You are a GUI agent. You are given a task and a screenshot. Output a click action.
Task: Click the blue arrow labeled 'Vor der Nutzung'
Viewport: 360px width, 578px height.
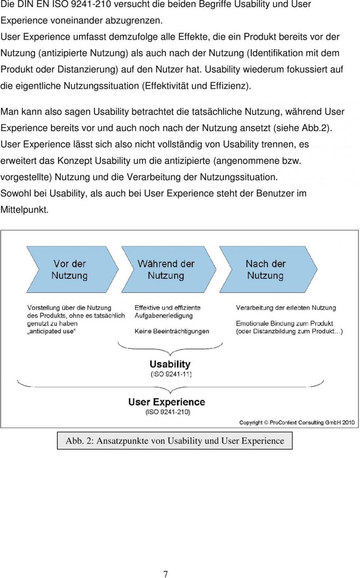coord(69,270)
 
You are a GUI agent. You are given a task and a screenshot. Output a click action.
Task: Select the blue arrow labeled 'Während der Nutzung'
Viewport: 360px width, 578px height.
coord(166,270)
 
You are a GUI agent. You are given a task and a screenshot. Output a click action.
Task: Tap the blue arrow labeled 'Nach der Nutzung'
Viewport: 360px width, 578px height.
coord(266,270)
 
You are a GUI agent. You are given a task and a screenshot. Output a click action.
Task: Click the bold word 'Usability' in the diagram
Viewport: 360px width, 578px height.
coord(170,364)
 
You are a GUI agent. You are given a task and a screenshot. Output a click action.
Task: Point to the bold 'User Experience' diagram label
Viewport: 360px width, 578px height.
coord(167,402)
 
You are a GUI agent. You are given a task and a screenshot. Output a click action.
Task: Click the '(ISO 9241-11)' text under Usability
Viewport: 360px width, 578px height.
coord(171,374)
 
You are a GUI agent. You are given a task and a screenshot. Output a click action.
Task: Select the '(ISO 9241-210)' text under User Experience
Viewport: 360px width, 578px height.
coord(168,412)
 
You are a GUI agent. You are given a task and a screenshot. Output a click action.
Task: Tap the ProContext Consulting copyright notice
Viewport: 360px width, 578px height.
coord(297,422)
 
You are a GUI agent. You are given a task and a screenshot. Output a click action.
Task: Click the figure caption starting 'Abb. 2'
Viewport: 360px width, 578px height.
coord(175,441)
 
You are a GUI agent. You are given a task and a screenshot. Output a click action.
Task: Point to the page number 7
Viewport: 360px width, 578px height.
coord(166,574)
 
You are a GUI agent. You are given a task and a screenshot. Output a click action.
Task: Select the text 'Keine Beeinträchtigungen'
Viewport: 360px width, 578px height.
coord(172,331)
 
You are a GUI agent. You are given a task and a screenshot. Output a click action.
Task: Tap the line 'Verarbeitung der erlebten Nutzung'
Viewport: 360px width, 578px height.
coord(286,308)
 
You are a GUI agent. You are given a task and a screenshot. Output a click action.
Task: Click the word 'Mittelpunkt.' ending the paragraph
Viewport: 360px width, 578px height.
coord(25,210)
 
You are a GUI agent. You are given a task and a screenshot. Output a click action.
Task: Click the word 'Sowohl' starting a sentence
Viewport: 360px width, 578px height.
coord(15,193)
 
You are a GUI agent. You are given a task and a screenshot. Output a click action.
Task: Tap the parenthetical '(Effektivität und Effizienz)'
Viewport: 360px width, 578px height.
coord(196,86)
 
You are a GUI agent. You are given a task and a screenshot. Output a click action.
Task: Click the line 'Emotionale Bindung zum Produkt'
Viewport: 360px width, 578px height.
coord(284,323)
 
